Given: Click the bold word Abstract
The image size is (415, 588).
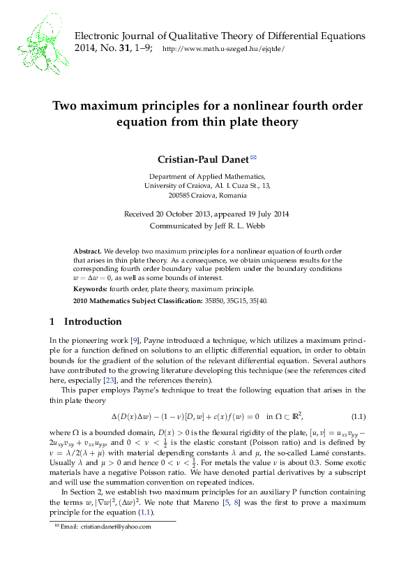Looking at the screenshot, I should (x=87, y=250).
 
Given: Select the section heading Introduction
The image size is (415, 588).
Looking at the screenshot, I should (x=93, y=322).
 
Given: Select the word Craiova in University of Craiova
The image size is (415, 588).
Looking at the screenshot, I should (x=190, y=186).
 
